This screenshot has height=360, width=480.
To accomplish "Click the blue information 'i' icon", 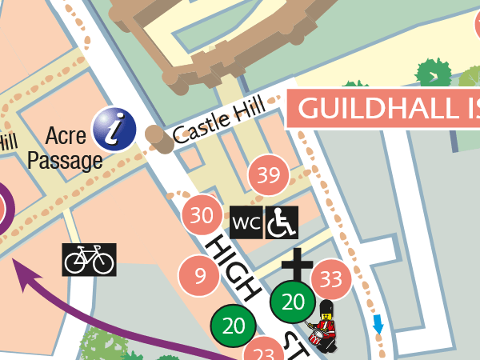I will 114,128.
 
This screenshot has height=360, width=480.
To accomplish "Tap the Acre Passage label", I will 66,147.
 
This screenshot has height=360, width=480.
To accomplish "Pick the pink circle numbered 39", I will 268,175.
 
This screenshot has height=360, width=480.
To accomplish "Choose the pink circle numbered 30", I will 202,215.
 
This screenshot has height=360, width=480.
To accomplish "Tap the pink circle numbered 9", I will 200,276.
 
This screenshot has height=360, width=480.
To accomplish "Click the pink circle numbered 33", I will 330,279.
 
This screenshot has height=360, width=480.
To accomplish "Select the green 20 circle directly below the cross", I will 294,302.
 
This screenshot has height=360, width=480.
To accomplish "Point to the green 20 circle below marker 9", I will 233,326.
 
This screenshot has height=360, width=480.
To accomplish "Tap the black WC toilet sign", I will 246,222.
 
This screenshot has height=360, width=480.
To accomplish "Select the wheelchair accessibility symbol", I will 282,222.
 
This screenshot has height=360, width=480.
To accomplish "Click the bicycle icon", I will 89,260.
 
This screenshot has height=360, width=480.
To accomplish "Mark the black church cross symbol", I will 296,266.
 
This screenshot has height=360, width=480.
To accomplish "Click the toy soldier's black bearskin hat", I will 326,310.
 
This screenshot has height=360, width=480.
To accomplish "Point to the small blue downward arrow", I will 378,325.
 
